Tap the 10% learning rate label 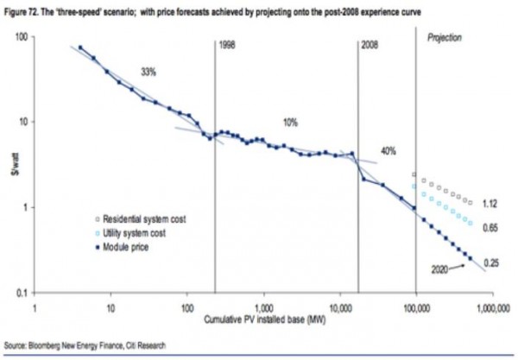290,122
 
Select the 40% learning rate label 388,151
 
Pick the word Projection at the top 445,38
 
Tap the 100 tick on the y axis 24,39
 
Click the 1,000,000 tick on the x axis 490,307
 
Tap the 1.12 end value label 489,203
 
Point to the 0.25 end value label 490,262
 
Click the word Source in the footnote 17,344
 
